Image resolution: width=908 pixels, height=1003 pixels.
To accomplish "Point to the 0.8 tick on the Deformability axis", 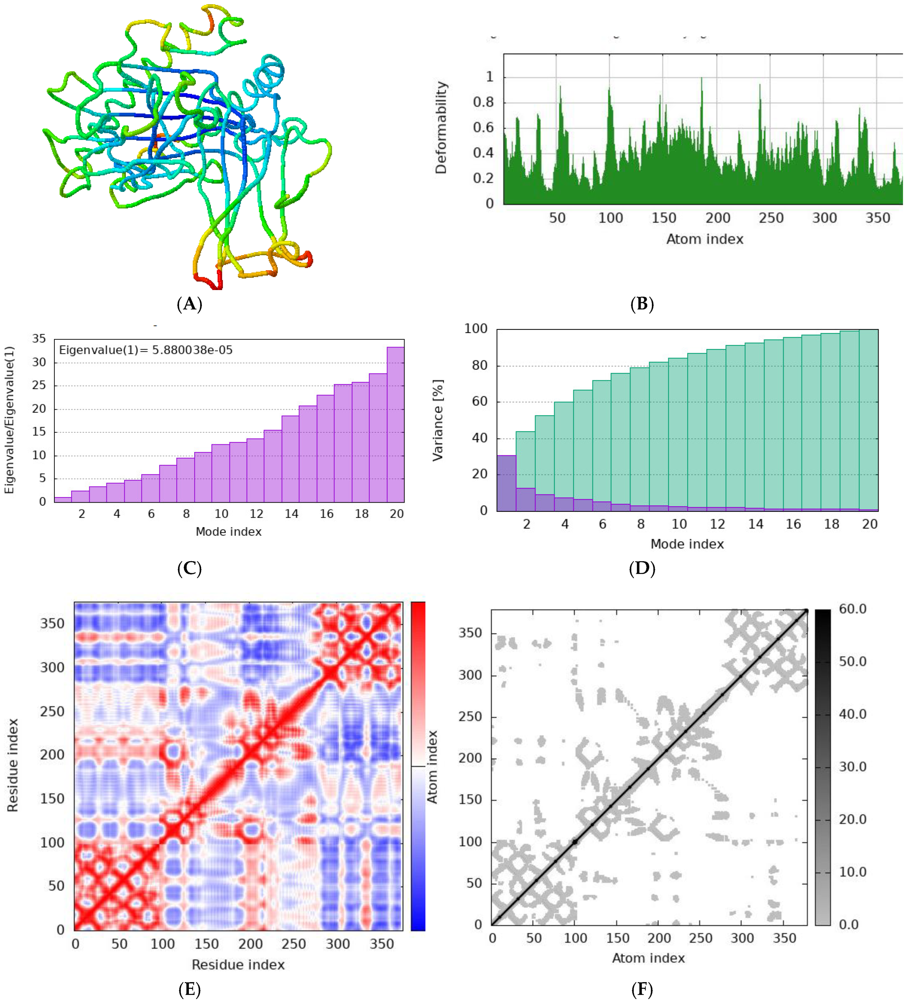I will pos(483,102).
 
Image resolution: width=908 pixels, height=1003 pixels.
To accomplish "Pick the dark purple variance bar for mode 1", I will pos(506,483).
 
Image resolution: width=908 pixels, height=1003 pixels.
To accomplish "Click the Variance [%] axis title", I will pos(437,420).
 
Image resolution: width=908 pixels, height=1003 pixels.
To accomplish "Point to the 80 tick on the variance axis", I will pos(479,365).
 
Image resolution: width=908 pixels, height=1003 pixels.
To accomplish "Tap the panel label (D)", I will pos(642,568).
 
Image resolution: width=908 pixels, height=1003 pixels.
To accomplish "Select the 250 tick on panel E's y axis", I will pos(52,711).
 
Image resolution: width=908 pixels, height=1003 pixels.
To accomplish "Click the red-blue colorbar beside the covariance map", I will pos(418,766).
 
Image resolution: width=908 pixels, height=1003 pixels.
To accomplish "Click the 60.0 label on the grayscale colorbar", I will pos(852,609).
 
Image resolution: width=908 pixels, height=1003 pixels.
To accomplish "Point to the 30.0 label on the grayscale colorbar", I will pos(852,767).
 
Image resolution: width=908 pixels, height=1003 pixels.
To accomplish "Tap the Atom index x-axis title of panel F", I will pos(648,958).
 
